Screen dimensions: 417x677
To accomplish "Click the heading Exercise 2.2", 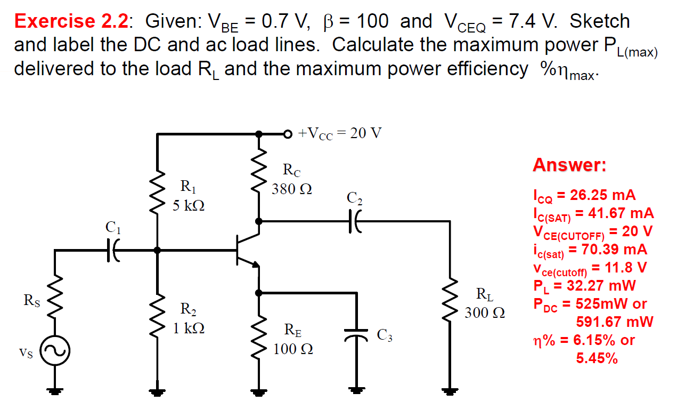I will coord(70,21).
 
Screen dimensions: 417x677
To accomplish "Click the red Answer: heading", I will coord(569,165).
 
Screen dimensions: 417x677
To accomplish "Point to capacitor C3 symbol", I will coord(355,335).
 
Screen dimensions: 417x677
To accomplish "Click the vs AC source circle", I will coord(55,352).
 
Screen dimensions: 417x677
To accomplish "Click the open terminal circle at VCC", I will coord(288,133).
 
